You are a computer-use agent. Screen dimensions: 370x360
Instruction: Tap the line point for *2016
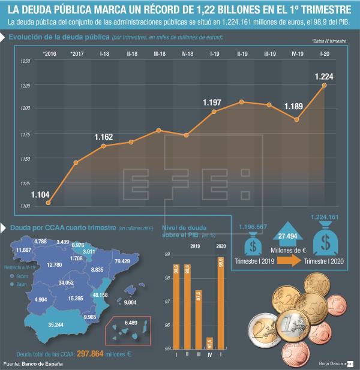(x=48, y=203)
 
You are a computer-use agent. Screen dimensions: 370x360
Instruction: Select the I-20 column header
(x=325, y=54)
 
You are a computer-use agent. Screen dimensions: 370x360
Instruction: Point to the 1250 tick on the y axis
(x=26, y=62)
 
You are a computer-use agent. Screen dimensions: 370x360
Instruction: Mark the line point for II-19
(x=242, y=102)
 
